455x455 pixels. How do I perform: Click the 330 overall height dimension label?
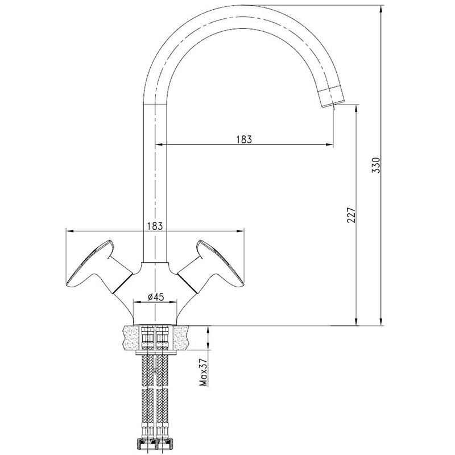pos(375,165)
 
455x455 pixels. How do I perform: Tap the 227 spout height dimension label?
pos(351,215)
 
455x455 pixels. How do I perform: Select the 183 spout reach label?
pos(244,139)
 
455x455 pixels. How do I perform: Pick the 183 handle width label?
pos(155,226)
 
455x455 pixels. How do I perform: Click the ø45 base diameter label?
pos(156,296)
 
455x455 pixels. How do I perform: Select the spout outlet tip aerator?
pos(331,97)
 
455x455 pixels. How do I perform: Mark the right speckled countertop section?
pos(180,337)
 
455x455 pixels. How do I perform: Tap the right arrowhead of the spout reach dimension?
pos(329,144)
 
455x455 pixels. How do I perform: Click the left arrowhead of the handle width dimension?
pos(71,231)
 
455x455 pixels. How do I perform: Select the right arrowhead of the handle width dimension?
pos(239,231)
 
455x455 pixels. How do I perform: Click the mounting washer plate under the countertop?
pos(156,353)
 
